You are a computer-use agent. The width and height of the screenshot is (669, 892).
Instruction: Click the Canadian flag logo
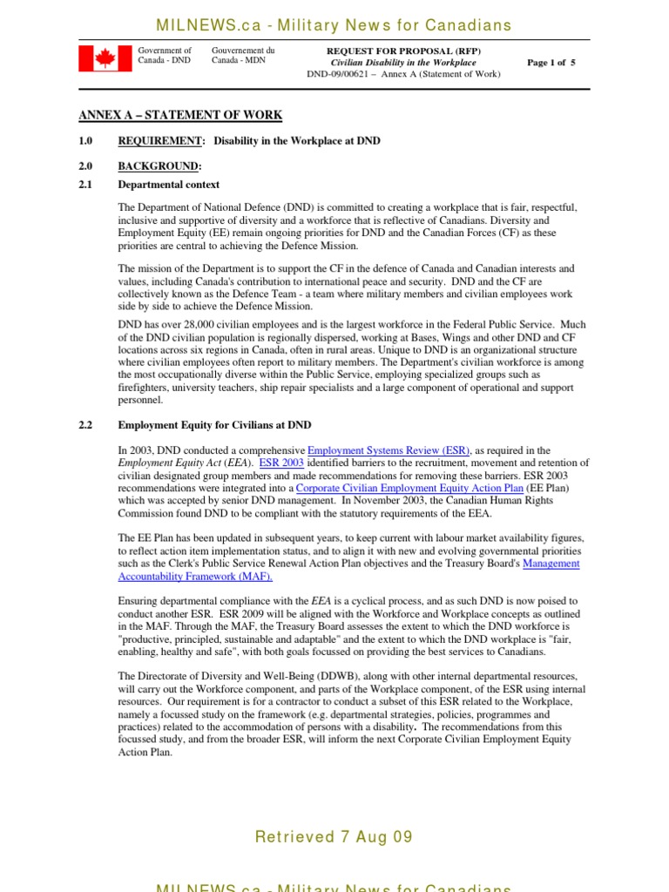pyautogui.click(x=105, y=59)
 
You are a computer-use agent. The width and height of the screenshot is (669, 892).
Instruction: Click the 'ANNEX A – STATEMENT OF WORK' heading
pyautogui.click(x=180, y=116)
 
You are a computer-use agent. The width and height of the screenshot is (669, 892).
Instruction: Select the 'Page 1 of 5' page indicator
pyautogui.click(x=551, y=63)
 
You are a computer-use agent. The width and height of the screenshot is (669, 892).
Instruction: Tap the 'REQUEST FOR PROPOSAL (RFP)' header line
pyautogui.click(x=402, y=51)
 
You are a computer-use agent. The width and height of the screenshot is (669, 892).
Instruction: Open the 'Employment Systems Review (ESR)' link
pyautogui.click(x=389, y=450)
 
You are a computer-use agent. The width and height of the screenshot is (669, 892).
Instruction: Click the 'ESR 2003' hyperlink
pyautogui.click(x=279, y=463)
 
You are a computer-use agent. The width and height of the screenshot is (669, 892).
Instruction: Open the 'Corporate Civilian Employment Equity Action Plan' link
pyautogui.click(x=422, y=488)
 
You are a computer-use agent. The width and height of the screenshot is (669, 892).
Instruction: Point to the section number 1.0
pyautogui.click(x=86, y=141)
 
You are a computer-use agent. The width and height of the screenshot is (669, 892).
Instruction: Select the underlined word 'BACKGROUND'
pyautogui.click(x=159, y=166)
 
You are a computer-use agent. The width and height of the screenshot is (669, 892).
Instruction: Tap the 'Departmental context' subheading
pyautogui.click(x=169, y=185)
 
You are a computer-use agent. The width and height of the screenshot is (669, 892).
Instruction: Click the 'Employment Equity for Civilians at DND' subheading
pyautogui.click(x=214, y=425)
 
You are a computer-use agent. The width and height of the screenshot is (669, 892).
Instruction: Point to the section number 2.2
pyautogui.click(x=86, y=425)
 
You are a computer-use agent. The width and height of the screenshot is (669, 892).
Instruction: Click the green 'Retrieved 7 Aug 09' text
pyautogui.click(x=334, y=838)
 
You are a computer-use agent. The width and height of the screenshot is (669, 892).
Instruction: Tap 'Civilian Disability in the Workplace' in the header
pyautogui.click(x=402, y=63)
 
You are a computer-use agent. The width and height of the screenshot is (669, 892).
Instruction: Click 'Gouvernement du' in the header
pyautogui.click(x=243, y=51)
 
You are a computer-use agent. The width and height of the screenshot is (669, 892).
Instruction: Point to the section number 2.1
pyautogui.click(x=86, y=185)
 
